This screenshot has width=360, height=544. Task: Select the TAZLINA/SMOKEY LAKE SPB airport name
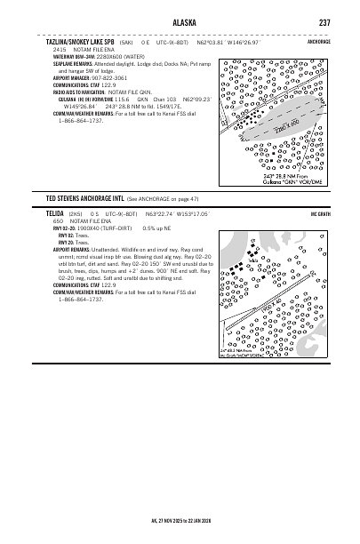tap(83, 41)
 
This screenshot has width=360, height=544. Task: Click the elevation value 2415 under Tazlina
tap(61, 48)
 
